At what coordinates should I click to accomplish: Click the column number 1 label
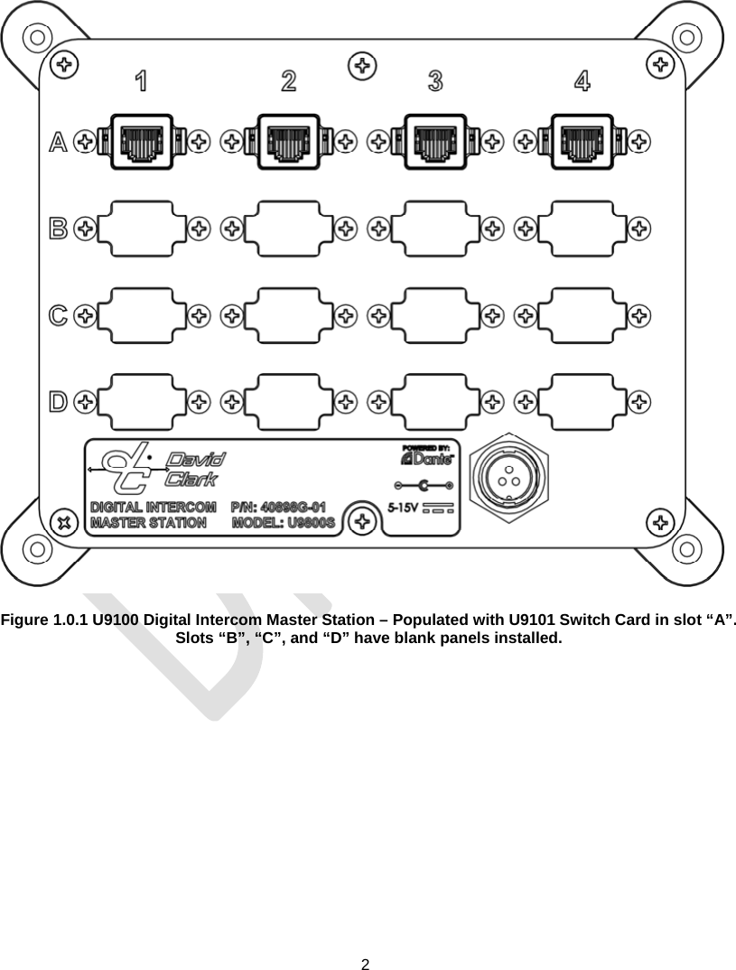point(142,81)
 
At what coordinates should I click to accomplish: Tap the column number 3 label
point(435,81)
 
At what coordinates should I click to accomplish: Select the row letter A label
point(58,142)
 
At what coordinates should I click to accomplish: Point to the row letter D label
point(58,400)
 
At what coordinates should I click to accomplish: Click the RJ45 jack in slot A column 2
point(288,141)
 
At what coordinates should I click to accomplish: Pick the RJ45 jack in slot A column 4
point(582,141)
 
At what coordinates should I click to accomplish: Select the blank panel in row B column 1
point(142,229)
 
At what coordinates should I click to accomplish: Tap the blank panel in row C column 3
point(435,314)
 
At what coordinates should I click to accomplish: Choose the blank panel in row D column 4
point(582,400)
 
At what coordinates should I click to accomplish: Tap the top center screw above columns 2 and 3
point(363,65)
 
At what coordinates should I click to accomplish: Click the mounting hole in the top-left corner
point(36,38)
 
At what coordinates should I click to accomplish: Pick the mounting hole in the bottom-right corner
point(686,549)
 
